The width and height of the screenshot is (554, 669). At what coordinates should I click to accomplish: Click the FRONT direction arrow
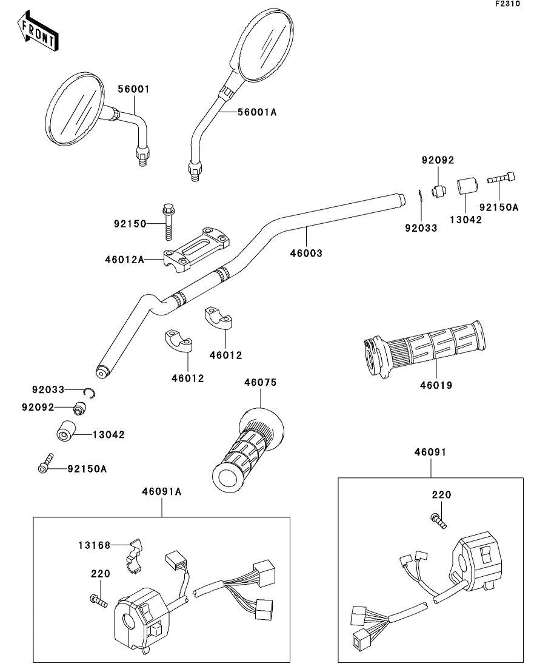pyautogui.click(x=38, y=32)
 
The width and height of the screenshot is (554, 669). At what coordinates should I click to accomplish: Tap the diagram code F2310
pyautogui.click(x=507, y=4)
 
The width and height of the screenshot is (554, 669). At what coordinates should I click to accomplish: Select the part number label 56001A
pyautogui.click(x=257, y=112)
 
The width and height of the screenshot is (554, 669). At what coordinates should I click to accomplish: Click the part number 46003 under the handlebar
pyautogui.click(x=306, y=253)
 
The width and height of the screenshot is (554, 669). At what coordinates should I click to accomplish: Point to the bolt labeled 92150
pyautogui.click(x=168, y=222)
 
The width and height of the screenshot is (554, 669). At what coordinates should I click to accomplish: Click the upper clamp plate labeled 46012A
pyautogui.click(x=196, y=250)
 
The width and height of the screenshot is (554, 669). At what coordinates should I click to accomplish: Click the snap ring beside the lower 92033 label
pyautogui.click(x=90, y=393)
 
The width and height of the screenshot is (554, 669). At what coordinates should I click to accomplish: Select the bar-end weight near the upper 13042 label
pyautogui.click(x=467, y=187)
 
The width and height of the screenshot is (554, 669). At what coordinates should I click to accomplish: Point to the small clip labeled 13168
pyautogui.click(x=136, y=554)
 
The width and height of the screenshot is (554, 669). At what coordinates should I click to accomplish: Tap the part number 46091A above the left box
pyautogui.click(x=162, y=492)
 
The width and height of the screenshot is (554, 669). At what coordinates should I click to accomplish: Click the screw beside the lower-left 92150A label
pyautogui.click(x=45, y=463)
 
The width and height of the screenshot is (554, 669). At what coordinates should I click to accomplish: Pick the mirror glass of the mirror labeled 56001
pyautogui.click(x=75, y=109)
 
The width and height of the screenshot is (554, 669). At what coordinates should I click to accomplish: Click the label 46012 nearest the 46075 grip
pyautogui.click(x=188, y=378)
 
